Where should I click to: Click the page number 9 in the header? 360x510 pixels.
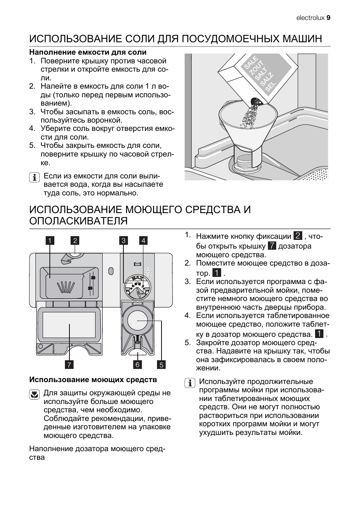click(x=328, y=18)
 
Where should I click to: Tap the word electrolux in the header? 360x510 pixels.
click(x=310, y=18)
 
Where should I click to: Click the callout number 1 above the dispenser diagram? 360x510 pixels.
click(x=50, y=240)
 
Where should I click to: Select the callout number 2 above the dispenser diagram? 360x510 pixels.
click(x=75, y=240)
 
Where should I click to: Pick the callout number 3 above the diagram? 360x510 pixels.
click(x=124, y=240)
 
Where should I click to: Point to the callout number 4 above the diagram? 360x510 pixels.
click(x=143, y=240)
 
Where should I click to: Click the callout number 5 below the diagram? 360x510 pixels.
click(x=162, y=364)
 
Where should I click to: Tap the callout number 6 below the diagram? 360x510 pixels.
click(x=138, y=364)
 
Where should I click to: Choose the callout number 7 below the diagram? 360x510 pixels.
click(x=69, y=364)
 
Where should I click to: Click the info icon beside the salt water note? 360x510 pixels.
click(x=34, y=177)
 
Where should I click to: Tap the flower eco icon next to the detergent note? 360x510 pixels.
click(x=34, y=394)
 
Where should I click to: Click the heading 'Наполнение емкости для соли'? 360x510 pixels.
click(x=88, y=52)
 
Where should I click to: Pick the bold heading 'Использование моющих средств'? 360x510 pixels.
click(x=93, y=379)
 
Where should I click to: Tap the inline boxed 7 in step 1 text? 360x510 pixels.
click(x=272, y=246)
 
